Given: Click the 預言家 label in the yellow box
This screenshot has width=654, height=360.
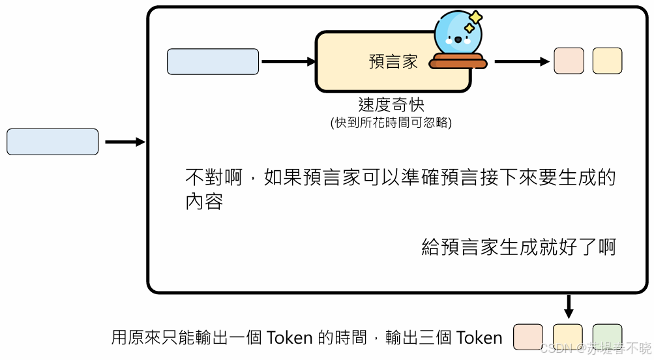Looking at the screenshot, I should coord(393,62).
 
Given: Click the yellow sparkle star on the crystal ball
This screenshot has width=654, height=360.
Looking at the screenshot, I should coord(476,18).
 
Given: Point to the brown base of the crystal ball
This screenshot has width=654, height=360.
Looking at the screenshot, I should coord(458,62).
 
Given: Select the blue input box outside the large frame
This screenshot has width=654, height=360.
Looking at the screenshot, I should coord(52,142).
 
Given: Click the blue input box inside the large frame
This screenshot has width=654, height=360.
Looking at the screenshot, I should coord(213,61).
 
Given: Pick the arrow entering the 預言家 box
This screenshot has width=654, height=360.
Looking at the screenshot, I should coord(288,62).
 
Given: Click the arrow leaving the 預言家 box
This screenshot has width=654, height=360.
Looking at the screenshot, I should coord(522,62).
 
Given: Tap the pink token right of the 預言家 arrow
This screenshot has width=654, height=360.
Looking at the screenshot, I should coord(568,61).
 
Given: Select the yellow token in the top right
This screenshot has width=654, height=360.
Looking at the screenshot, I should coord(607,61).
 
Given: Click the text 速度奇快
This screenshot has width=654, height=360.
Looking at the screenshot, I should coord(391,104).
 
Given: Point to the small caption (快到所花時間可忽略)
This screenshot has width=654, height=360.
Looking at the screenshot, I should coord(391,122).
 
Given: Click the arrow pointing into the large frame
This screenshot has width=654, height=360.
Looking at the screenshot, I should coord(125,142).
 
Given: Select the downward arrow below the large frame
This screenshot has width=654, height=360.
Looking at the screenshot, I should coord(568,307).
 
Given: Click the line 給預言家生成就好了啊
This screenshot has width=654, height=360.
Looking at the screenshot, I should coord(518,247).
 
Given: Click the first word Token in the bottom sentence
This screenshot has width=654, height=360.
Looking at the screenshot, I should coord(290,338).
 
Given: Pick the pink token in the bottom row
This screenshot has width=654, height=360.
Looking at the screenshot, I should coord(528,337).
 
